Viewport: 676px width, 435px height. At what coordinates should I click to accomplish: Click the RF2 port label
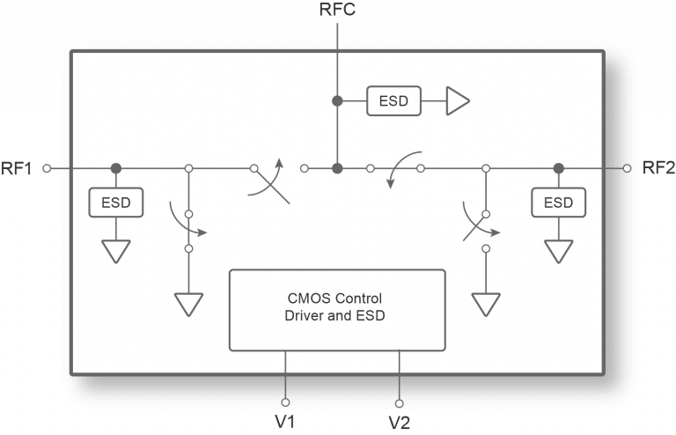coord(657,168)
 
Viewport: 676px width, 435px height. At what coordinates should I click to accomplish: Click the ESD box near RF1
coord(116,203)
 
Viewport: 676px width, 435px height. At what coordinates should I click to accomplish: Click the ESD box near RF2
coord(558,203)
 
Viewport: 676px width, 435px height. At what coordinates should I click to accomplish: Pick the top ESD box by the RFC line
coord(393,101)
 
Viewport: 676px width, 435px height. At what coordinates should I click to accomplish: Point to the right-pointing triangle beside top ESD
coord(459,101)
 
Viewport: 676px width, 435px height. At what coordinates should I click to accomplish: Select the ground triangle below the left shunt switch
coord(188,304)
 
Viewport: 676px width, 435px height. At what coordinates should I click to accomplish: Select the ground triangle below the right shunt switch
coord(485,304)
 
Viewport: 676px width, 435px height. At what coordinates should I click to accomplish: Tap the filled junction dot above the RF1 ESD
coord(116,167)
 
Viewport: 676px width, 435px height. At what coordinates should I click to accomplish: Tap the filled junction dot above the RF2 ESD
coord(558,167)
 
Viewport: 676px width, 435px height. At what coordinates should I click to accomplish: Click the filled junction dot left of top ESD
coord(337,101)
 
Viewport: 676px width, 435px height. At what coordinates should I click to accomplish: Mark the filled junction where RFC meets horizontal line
coord(337,167)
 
